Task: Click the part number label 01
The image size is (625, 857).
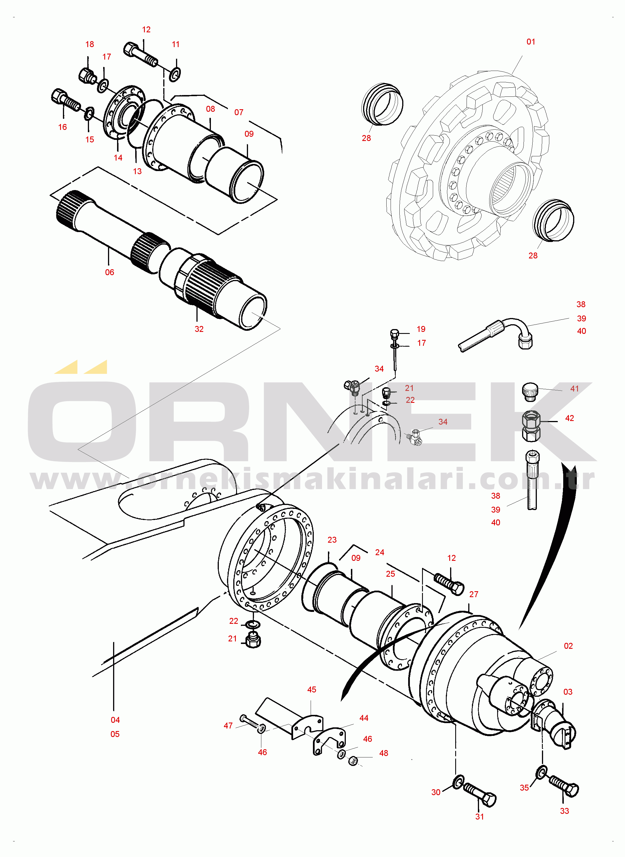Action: pyautogui.click(x=531, y=42)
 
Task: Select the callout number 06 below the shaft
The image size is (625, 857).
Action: pyautogui.click(x=109, y=272)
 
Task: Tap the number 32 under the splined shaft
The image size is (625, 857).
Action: pyautogui.click(x=199, y=329)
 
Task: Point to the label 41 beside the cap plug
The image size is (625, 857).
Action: pyautogui.click(x=574, y=388)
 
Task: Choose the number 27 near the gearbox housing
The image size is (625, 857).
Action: pyautogui.click(x=474, y=594)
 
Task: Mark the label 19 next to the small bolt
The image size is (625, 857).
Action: pyautogui.click(x=421, y=329)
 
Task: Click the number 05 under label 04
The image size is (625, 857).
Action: pyautogui.click(x=115, y=734)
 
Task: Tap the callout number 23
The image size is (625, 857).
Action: pyautogui.click(x=332, y=540)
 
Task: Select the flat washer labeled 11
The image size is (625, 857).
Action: pyautogui.click(x=175, y=73)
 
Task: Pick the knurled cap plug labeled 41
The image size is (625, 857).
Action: pyautogui.click(x=530, y=391)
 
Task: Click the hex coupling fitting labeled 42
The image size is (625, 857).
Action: pyautogui.click(x=531, y=426)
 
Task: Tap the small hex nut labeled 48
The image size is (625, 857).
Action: pyautogui.click(x=353, y=761)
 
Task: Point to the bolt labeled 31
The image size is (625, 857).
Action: pyautogui.click(x=480, y=795)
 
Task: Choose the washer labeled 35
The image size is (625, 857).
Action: pyautogui.click(x=542, y=772)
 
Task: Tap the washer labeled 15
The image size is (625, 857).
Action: pyautogui.click(x=89, y=113)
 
